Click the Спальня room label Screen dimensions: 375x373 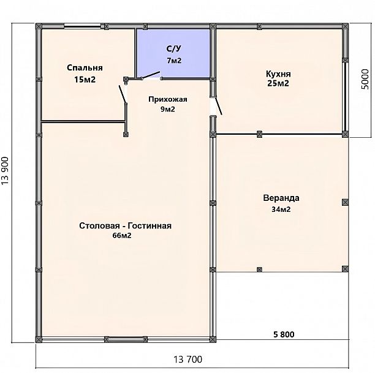tap(85, 67)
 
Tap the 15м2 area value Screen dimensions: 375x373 tap(85, 80)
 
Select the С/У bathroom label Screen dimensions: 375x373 tap(174, 49)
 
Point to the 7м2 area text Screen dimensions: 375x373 tap(174, 61)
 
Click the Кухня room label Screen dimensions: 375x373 tap(278, 74)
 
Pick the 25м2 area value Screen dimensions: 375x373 tap(278, 83)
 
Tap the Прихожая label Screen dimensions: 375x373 tap(168, 99)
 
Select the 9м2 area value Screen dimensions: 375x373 tap(168, 109)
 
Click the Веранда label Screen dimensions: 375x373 tap(281, 198)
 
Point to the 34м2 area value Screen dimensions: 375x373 tap(281, 209)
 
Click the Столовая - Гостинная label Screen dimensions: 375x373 tap(126, 226)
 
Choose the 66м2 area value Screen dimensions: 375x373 tap(122, 236)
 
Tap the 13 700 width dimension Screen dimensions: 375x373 tap(187, 359)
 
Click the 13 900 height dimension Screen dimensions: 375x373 tap(5, 170)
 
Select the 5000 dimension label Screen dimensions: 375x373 tap(365, 79)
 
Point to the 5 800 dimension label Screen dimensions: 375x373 tap(284, 334)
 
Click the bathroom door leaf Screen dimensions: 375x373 tap(151, 75)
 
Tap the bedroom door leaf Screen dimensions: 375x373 tap(123, 94)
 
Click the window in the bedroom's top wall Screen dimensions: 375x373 tap(82, 26)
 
